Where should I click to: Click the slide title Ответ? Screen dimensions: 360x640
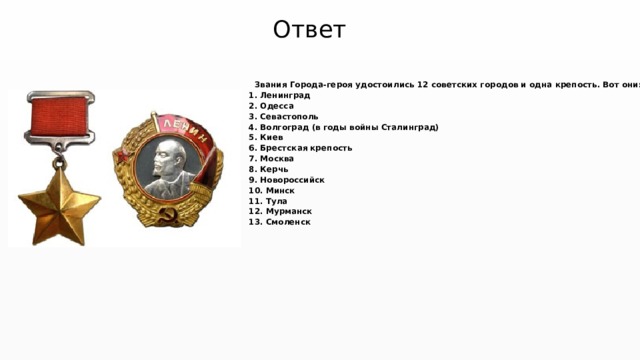click(x=309, y=29)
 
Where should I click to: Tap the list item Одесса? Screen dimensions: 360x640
click(x=276, y=106)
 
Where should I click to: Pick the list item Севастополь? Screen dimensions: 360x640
click(x=289, y=117)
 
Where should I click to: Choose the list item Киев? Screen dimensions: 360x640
click(x=271, y=138)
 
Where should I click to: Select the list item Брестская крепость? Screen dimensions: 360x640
click(x=305, y=148)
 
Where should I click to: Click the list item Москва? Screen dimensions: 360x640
click(x=277, y=159)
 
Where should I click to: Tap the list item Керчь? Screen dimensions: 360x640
click(x=274, y=169)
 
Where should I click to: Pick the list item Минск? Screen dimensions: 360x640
click(x=278, y=190)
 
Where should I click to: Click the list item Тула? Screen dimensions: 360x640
click(x=275, y=201)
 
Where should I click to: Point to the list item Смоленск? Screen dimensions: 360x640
click(x=288, y=222)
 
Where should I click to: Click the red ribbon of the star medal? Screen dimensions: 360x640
click(x=61, y=119)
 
